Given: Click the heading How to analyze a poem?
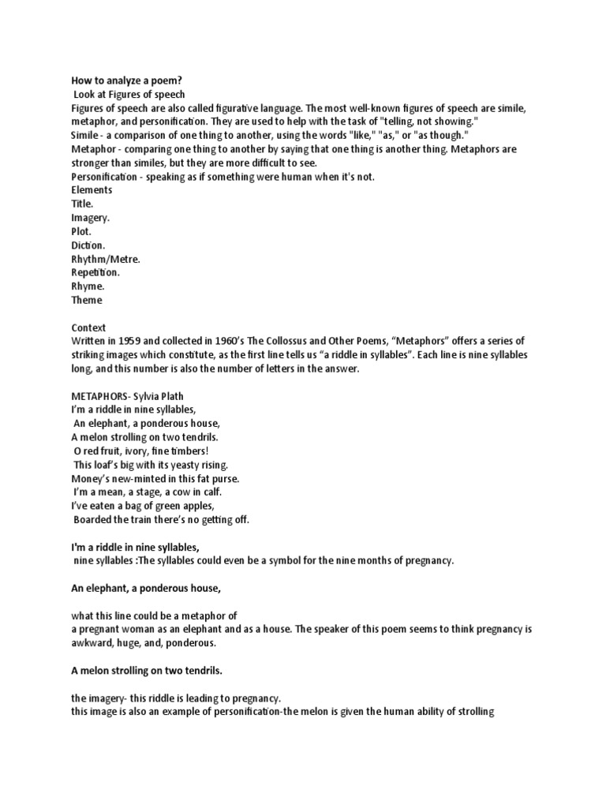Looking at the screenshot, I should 127,80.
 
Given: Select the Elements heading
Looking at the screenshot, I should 92,190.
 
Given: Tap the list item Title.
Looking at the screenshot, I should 82,204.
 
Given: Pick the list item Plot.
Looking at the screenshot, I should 81,231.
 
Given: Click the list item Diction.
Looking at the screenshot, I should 88,245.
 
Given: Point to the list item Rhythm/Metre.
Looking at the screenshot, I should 105,259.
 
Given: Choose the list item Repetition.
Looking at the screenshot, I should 95,272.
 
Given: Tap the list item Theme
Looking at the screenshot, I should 86,300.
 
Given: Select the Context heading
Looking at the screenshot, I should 88,327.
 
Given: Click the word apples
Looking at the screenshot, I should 194,506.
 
